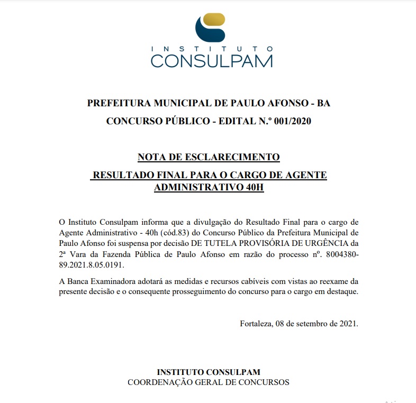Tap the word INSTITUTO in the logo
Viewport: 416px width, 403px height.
211,49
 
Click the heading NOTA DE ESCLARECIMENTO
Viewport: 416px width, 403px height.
208,157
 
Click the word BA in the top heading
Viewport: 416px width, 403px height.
323,103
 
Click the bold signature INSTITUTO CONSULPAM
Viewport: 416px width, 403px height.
209,372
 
